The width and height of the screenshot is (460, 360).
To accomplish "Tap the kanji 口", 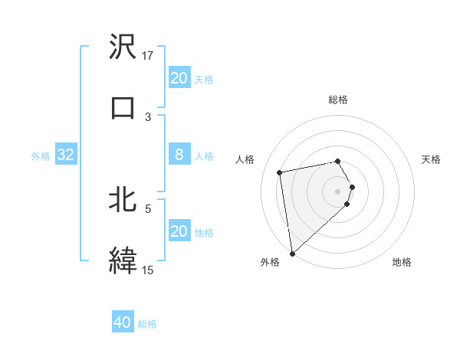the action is pos(123,106).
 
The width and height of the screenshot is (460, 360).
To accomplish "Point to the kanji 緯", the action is pos(123,259).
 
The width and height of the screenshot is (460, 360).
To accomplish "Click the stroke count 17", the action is pos(149,55).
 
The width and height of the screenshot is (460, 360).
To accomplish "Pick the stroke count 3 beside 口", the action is pos(149,116).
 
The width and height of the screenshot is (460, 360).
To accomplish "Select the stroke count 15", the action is pos(148,269).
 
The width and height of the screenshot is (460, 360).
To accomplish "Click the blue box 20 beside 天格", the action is pos(179,78).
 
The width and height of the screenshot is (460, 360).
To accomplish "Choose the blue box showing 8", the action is pos(179,155).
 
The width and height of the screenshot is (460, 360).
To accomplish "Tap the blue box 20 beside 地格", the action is pos(179,231).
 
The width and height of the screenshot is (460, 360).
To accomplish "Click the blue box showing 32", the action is pos(66,155).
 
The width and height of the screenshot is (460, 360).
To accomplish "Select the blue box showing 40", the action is pos(123,322).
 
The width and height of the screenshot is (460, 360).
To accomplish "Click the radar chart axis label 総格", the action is pos(338,100).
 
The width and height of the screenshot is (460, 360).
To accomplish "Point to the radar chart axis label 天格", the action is pos(431,159).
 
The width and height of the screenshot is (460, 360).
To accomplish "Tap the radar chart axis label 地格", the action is pos(402,262).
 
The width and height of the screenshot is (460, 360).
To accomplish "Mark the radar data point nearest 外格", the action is pos(292,253).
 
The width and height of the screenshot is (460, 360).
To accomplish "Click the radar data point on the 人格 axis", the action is pos(280,172).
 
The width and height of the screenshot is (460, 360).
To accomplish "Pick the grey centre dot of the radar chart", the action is pos(338,191).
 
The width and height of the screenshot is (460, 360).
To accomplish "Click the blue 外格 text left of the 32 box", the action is pos(41,155).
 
